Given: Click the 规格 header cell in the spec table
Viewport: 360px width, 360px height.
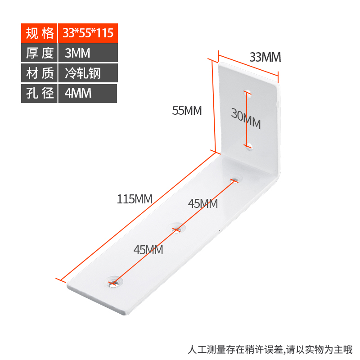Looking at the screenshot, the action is click(x=39, y=33).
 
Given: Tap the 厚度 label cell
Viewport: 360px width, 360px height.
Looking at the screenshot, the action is click(x=39, y=53).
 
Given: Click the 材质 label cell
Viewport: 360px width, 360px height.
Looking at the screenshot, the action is click(x=39, y=73).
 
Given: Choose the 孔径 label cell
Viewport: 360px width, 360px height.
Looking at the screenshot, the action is click(x=39, y=93).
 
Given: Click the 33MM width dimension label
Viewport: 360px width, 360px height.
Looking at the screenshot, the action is click(x=265, y=58).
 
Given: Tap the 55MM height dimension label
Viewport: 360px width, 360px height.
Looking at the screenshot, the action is click(x=187, y=110).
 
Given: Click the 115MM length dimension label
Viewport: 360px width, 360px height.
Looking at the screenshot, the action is click(x=135, y=198).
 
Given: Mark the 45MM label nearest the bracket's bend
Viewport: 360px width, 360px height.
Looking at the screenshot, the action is click(x=203, y=204).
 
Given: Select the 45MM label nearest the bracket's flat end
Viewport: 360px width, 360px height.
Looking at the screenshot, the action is click(x=148, y=250).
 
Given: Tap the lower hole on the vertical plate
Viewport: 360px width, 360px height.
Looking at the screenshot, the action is click(x=249, y=145).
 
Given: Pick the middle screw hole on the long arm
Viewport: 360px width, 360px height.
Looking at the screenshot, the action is click(x=178, y=228).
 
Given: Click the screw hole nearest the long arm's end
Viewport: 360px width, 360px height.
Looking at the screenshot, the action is click(x=114, y=283).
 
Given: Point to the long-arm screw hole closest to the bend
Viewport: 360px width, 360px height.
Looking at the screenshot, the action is click(x=234, y=179).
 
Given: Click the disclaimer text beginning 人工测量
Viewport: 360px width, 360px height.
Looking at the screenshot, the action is click(x=270, y=349).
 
